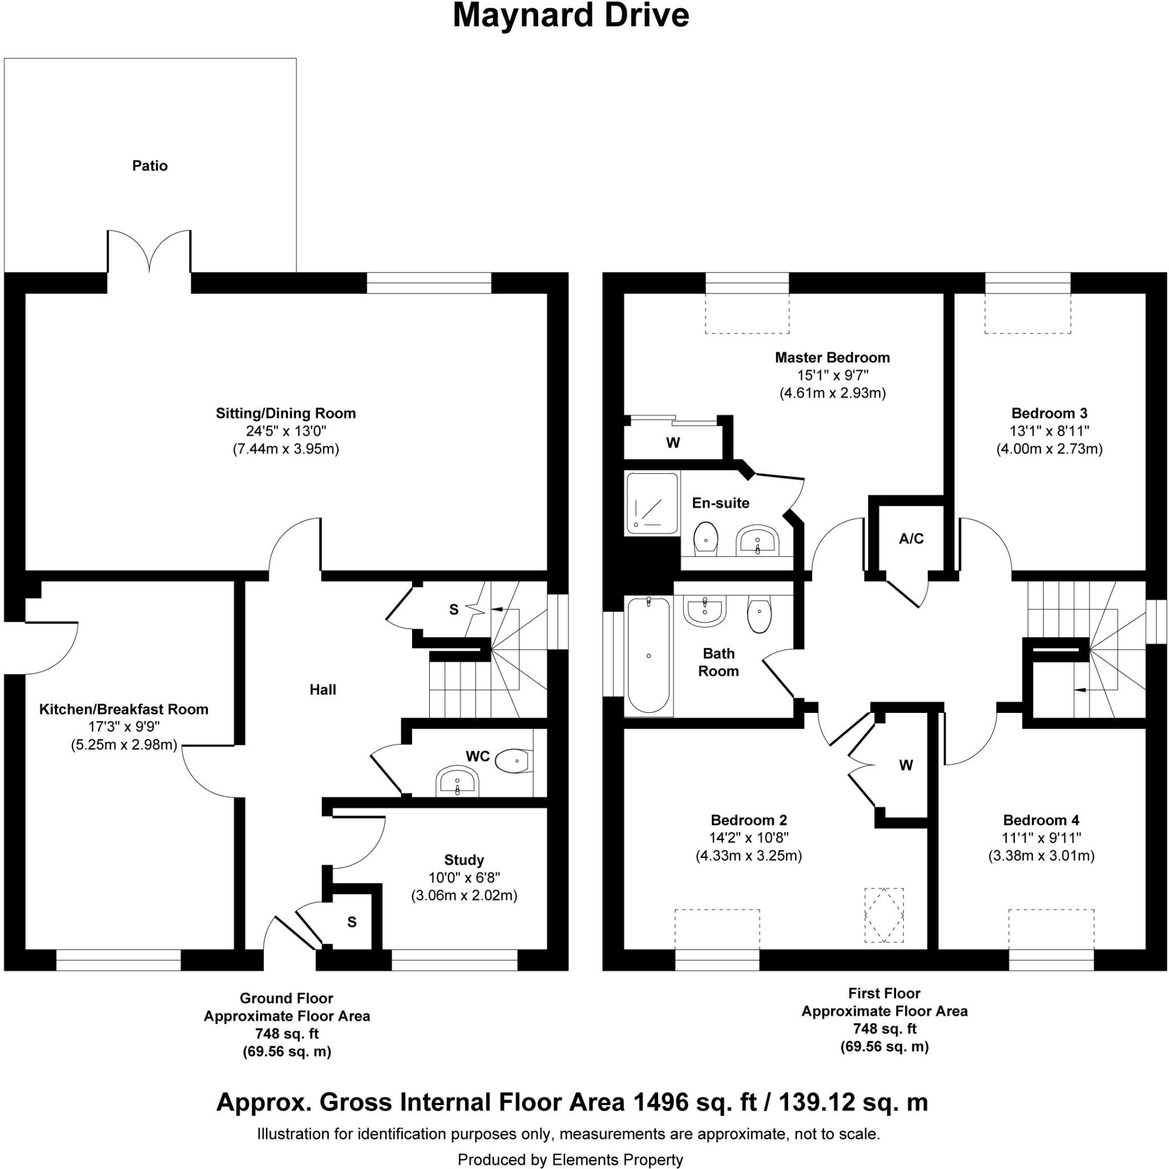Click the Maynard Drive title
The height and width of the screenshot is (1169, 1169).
point(571,17)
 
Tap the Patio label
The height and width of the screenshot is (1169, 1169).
point(150,166)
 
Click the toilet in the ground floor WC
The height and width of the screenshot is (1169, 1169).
point(514,760)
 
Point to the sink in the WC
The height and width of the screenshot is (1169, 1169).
point(457,783)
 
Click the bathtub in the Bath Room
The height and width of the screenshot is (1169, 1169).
point(648,655)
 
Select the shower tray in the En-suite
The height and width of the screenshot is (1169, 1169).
point(652,503)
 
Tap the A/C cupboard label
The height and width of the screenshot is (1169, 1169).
point(911,538)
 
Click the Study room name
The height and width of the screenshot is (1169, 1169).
point(464,860)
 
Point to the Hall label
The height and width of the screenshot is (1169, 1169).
point(323,690)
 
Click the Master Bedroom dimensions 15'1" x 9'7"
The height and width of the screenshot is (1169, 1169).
point(833,375)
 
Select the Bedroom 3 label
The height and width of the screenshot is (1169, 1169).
point(1049,413)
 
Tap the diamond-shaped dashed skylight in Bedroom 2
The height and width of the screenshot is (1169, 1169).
point(884,915)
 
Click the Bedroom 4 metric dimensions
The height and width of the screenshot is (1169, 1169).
point(1041,856)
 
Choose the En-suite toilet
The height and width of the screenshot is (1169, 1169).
point(706,537)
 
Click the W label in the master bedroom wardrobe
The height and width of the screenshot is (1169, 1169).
point(673,443)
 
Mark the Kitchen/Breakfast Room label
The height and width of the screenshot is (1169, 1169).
point(124,709)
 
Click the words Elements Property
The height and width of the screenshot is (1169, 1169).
point(618,1159)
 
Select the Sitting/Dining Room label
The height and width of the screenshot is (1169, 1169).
point(285,413)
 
